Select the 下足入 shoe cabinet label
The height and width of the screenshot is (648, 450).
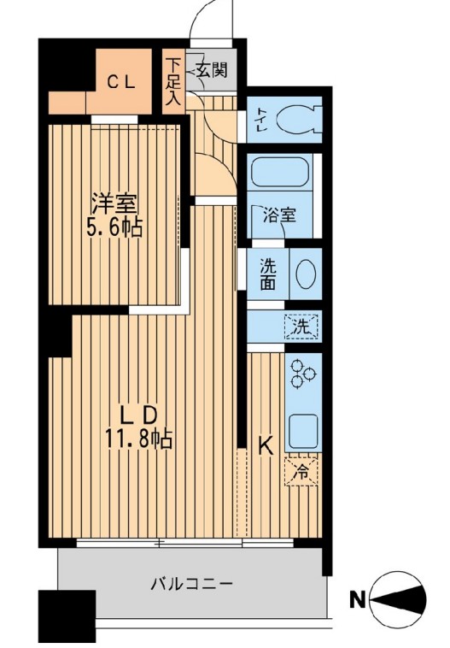click(173, 81)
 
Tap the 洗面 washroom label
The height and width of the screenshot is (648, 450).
click(267, 274)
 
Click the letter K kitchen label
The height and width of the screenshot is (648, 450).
click(266, 445)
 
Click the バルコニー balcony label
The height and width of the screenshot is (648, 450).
click(192, 585)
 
